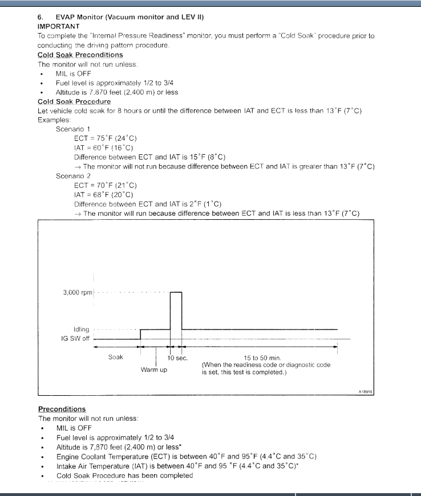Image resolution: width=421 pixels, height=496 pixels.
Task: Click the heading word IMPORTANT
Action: coord(59,26)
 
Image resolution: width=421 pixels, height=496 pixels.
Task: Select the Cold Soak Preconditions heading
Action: coord(80,55)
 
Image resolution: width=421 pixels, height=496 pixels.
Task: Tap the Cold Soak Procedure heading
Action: coord(74,101)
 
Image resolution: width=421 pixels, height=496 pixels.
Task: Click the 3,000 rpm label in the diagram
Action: coord(77,293)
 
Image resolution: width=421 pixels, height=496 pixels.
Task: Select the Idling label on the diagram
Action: coord(82,330)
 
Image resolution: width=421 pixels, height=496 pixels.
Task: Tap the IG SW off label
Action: coord(75,338)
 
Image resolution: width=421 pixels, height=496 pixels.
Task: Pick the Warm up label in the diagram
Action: coord(154,370)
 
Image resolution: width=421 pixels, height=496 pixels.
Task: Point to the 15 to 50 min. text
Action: coord(267,358)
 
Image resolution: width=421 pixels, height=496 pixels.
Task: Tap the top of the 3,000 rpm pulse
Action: coord(176,292)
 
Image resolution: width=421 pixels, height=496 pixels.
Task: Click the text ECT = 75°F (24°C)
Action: coord(106,138)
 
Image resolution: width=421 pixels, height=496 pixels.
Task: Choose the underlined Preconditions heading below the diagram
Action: coord(62,409)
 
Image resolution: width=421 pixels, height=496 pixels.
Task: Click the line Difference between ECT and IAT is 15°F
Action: coord(150,157)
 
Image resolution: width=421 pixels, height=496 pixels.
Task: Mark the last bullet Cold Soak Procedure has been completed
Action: coord(124,475)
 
